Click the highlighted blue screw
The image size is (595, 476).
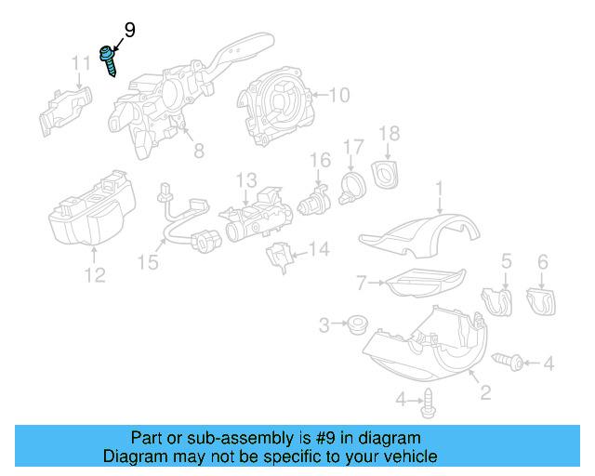click(109, 60)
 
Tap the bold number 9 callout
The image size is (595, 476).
click(128, 31)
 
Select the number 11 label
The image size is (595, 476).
click(82, 63)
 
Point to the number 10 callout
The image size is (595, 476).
click(338, 95)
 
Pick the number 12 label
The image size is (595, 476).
click(95, 275)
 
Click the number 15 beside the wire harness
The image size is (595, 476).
click(148, 263)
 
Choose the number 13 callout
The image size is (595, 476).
click(245, 178)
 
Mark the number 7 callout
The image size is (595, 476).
click(363, 281)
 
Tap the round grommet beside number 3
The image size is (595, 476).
click(354, 325)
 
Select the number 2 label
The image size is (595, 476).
click(484, 394)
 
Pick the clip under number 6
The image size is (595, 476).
click(539, 301)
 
